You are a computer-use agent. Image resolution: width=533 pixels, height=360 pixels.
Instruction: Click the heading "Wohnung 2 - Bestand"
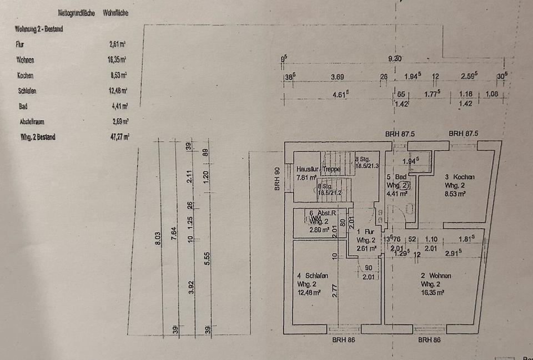pos(39,28)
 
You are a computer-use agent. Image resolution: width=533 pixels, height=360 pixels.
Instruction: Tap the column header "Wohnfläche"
pos(115,12)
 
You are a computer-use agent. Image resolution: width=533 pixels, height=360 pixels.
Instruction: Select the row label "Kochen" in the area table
pos(26,75)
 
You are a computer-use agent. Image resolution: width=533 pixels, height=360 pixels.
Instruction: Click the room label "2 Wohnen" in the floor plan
pos(435,276)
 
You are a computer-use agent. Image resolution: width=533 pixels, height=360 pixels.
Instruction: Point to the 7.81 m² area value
pos(306,178)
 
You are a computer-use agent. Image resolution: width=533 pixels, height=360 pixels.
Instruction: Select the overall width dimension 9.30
pos(395,59)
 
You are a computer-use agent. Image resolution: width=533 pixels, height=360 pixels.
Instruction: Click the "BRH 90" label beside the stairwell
pos(277,179)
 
